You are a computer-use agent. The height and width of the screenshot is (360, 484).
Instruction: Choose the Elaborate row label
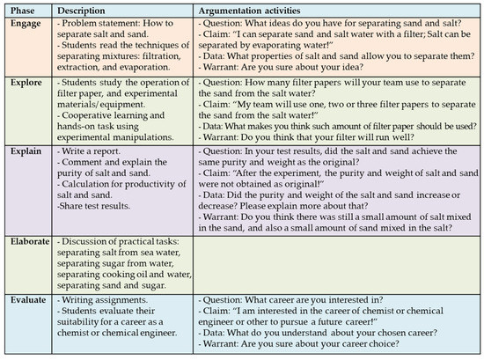point(30,241)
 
